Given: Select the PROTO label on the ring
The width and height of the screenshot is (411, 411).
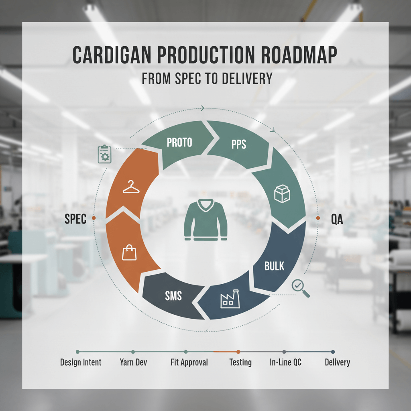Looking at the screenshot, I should click(179, 142).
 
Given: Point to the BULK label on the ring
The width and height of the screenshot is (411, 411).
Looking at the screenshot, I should click(275, 266).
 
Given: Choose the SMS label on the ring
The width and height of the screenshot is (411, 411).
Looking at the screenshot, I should click(173, 296).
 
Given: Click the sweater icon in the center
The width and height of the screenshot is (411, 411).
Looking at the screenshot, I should click(206, 221).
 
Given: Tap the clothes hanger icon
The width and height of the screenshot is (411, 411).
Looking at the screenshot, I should click(131, 187).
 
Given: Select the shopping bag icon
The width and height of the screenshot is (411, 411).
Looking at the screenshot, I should click(129, 253).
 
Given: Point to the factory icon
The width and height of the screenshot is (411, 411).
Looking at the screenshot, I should click(230, 300).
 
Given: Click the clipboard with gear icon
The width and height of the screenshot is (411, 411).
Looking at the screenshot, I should click(104, 155).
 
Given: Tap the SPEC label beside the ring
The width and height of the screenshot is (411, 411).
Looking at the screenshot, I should click(75, 219).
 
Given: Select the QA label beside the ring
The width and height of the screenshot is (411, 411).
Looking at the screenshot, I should click(337, 219).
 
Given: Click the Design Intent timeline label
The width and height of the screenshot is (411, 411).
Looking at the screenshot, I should click(81, 362).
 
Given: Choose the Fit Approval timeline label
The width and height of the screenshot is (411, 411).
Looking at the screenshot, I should click(189, 362).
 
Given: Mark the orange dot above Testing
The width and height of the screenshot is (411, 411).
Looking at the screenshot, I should click(238, 352).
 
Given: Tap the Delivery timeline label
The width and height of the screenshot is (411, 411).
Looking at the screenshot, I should click(337, 362).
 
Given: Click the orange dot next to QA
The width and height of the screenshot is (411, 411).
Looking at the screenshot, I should click(318, 218).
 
